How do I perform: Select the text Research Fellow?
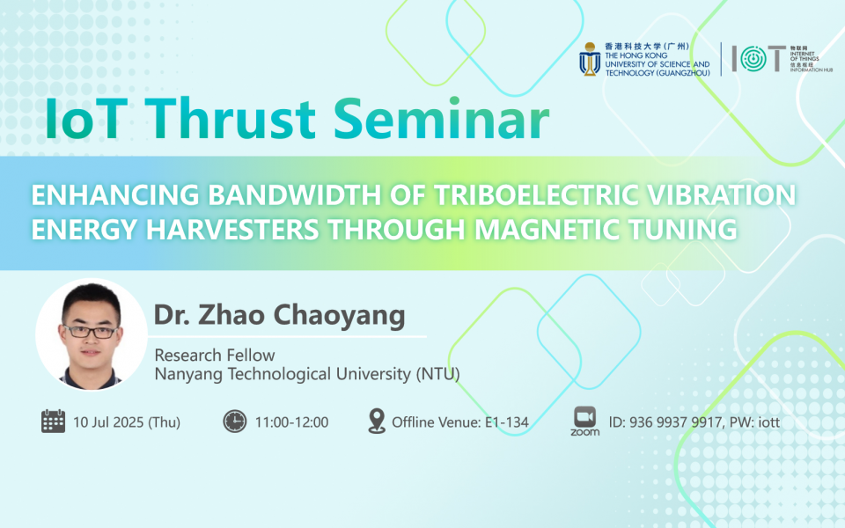coord(215,356)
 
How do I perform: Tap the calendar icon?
coord(54,422)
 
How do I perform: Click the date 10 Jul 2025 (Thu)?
coord(127,422)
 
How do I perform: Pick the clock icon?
coord(234,422)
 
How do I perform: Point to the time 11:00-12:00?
coord(291,422)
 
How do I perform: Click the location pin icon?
coord(377,422)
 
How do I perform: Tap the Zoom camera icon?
coord(584,416)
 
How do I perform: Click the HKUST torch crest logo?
coord(589,59)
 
